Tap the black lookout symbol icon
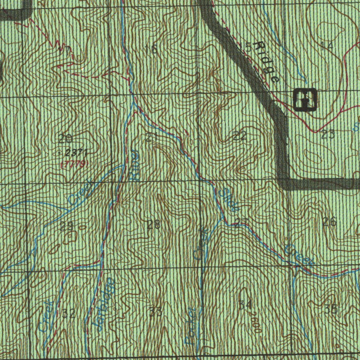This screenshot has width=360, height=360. coord(304,99)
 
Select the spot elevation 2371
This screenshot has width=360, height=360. coord(76,152)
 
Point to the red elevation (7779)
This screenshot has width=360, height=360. coord(74,164)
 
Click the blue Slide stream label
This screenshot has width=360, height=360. coord(228,200)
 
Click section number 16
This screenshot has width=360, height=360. coord(151,49)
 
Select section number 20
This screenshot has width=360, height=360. coord(64,139)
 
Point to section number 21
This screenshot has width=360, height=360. coord(151,137)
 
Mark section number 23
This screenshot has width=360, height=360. coord(328,135)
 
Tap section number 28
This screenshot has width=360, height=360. coord(154,225)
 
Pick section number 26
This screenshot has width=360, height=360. coord(329,221)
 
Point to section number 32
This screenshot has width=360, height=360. coord(69,314)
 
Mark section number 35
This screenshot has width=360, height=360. coord(331,309)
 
